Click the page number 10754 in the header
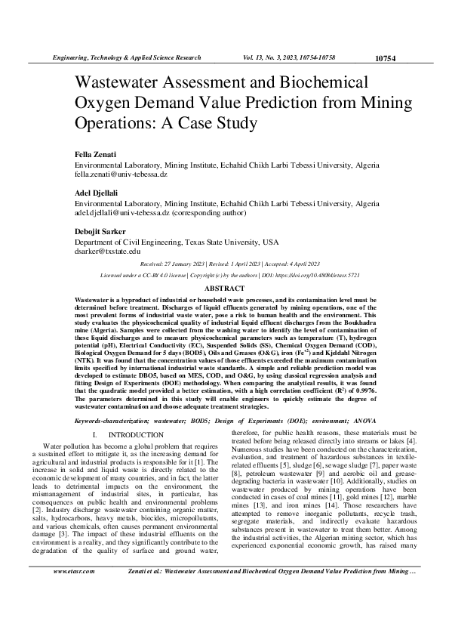coord(385,58)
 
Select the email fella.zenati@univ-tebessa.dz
coord(120,174)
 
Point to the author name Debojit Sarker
coord(100,232)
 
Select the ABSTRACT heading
coord(224,289)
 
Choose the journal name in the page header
coord(125,57)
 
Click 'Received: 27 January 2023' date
coord(173,265)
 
